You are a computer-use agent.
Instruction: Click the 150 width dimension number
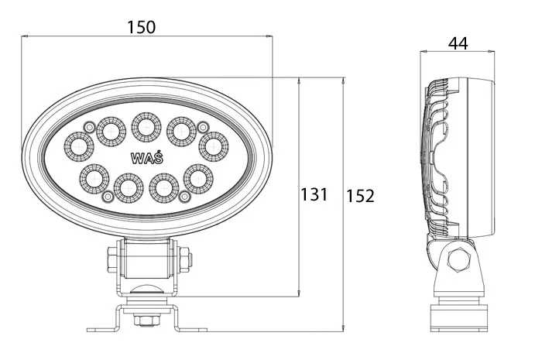pos(142,27)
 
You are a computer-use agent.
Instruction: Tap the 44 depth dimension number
pos(458,43)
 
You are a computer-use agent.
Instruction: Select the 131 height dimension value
pos(314,194)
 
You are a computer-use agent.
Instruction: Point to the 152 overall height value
pos(360,196)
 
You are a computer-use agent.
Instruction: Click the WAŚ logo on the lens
pos(146,158)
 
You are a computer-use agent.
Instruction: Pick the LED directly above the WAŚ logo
pos(146,127)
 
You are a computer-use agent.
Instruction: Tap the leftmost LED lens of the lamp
pos(79,147)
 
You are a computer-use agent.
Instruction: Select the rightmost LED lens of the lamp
pos(214,146)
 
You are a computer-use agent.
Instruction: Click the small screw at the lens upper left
pos(90,127)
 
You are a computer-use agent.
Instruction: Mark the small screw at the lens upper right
pos(203,126)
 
